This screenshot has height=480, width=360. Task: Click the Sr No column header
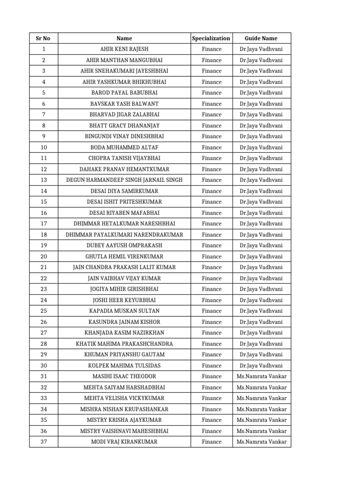point(44,38)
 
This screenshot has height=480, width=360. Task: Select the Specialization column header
point(211,38)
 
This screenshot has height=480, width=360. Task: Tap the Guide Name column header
point(261,38)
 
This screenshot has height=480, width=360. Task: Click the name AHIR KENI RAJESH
point(124,49)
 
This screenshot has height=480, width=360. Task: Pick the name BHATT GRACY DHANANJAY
point(124,126)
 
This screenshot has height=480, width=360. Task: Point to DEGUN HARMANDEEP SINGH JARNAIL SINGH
point(124,180)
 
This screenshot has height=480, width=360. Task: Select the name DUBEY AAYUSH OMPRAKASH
point(124,246)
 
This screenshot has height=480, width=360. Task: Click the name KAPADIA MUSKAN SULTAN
point(124,311)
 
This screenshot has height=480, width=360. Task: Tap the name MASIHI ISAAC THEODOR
point(124,376)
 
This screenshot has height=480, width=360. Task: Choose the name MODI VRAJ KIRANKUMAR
point(124,442)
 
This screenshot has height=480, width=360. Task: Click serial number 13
point(44,180)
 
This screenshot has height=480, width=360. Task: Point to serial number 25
point(44,311)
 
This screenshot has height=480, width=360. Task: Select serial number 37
point(44,442)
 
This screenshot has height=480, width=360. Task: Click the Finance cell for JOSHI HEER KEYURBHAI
point(211,300)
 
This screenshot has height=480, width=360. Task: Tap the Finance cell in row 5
point(211,93)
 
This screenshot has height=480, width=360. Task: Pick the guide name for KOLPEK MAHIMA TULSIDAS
point(261,366)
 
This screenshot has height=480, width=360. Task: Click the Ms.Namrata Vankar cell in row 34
point(261,409)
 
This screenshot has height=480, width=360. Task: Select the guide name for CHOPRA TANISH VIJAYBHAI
point(261,158)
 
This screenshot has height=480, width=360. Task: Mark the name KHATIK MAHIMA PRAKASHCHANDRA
point(124,344)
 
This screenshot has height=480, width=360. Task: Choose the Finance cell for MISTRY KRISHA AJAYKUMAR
point(211,420)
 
